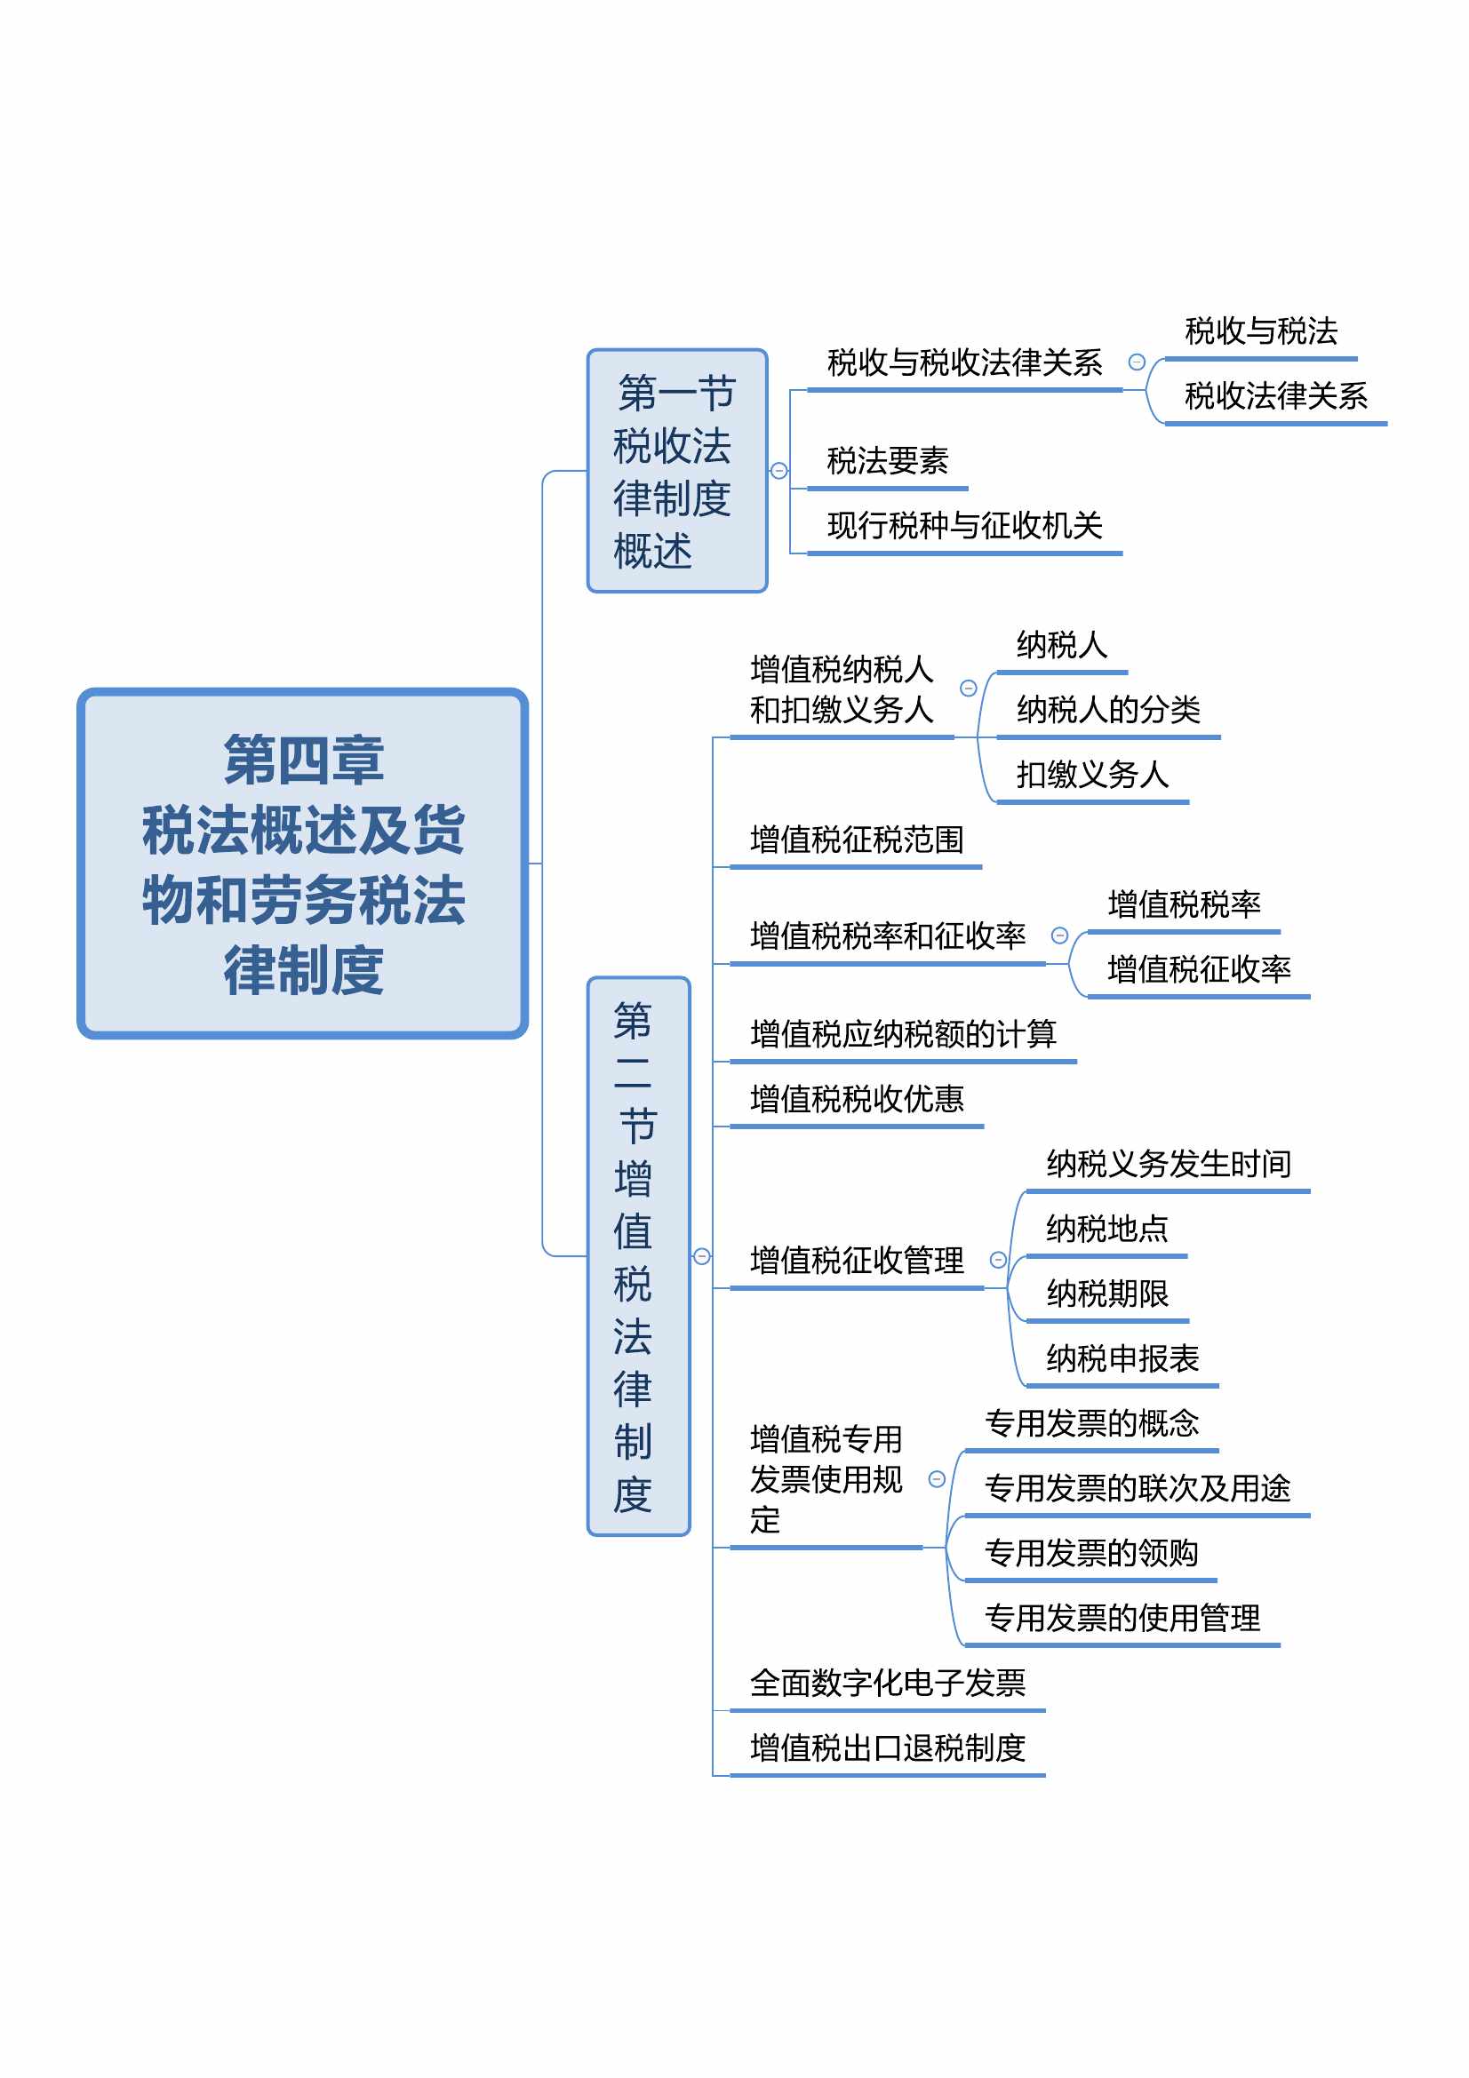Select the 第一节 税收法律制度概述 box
677,471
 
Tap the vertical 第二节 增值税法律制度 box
638,1255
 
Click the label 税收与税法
1261,331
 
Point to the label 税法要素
887,461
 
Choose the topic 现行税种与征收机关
964,525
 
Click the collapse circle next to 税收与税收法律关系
1136,362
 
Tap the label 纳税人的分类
1108,710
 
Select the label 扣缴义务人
1092,774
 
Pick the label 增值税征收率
1198,969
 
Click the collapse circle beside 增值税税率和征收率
1059,935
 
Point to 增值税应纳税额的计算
902,1033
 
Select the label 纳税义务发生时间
1169,1164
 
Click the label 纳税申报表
1122,1358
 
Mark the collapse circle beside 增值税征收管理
997,1260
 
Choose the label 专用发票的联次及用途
1137,1488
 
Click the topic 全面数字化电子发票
887,1683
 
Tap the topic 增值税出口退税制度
887,1748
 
